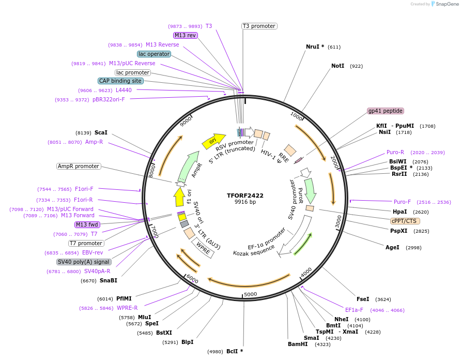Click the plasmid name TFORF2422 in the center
pyautogui.click(x=245, y=196)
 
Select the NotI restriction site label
pyautogui.click(x=337, y=66)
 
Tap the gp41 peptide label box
pyautogui.click(x=385, y=111)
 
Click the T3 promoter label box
pyautogui.click(x=259, y=26)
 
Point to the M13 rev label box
pyautogui.click(x=185, y=35)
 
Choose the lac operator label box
pyautogui.click(x=154, y=54)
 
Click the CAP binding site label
pyautogui.click(x=120, y=81)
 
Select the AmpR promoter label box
pyautogui.click(x=79, y=166)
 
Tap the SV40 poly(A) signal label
pyautogui.click(x=84, y=262)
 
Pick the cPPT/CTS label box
pyautogui.click(x=404, y=220)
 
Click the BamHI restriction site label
pyautogui.click(x=298, y=344)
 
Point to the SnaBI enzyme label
pyautogui.click(x=109, y=280)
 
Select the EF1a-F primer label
pyautogui.click(x=355, y=310)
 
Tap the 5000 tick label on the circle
pyautogui.click(x=250, y=294)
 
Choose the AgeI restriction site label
pyautogui.click(x=392, y=247)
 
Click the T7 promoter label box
pyautogui.click(x=86, y=243)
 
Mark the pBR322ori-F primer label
pyautogui.click(x=109, y=99)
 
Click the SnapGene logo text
pyautogui.click(x=447, y=4)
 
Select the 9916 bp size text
pyautogui.click(x=245, y=202)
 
